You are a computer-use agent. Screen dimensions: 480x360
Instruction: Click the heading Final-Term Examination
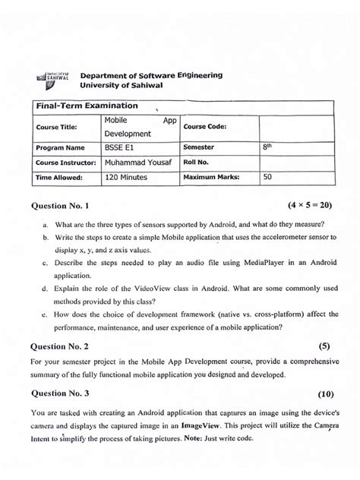click(74, 106)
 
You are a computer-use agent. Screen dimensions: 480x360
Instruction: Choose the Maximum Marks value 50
click(268, 177)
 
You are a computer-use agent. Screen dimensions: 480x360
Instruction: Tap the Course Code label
click(205, 127)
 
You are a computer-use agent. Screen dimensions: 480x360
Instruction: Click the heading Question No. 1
click(60, 207)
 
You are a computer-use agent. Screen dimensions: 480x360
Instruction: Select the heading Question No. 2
click(60, 345)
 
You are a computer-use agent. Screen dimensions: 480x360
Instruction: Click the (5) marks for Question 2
click(325, 345)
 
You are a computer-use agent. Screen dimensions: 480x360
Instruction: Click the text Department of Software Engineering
click(151, 76)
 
